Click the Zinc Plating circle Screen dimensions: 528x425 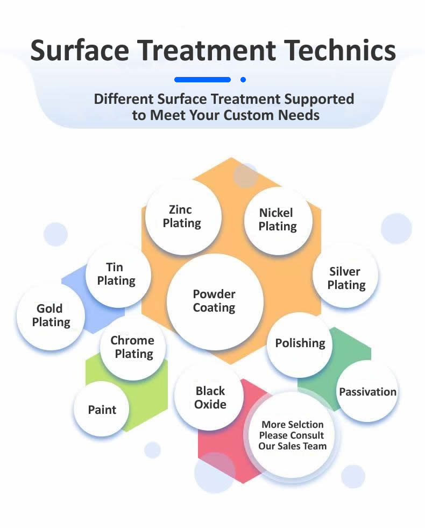point(182,216)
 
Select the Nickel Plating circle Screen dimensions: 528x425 point(278,220)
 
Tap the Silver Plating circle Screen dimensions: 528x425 point(346,278)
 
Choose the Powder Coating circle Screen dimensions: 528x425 point(215,301)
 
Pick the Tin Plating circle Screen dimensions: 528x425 point(117,274)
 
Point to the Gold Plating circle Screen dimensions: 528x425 point(51,315)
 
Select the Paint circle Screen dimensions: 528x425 point(102,410)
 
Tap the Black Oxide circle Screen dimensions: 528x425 point(210,398)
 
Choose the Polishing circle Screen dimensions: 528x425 point(300,343)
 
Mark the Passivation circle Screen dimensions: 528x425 point(367,391)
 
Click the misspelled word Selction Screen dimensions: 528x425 point(304,425)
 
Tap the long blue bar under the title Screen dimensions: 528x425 point(202,80)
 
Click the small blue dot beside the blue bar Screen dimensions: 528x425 point(243,80)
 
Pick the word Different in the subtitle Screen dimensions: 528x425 point(124,99)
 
